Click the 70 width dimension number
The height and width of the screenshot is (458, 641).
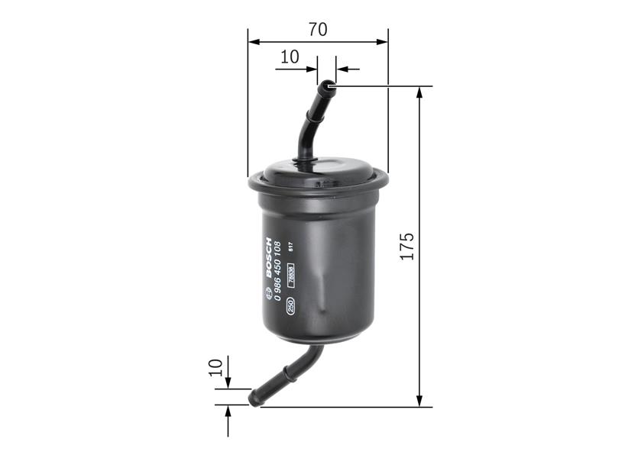[318, 30]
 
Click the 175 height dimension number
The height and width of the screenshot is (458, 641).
[406, 247]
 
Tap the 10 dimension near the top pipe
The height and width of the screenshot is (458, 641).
[289, 57]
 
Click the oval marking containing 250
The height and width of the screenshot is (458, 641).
[290, 306]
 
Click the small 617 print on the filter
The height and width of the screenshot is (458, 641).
[291, 246]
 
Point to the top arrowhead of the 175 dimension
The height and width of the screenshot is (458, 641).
[419, 93]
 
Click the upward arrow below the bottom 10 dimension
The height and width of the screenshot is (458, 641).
[228, 413]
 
